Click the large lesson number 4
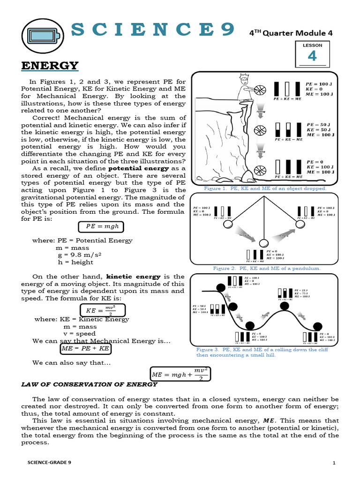pos(312,56)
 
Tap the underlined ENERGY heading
pos(50,65)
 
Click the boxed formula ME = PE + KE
pos(86,349)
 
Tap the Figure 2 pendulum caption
pos(267,268)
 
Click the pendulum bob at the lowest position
pos(264,242)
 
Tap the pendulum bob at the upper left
pos(227,225)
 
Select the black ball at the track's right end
pos(317,326)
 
